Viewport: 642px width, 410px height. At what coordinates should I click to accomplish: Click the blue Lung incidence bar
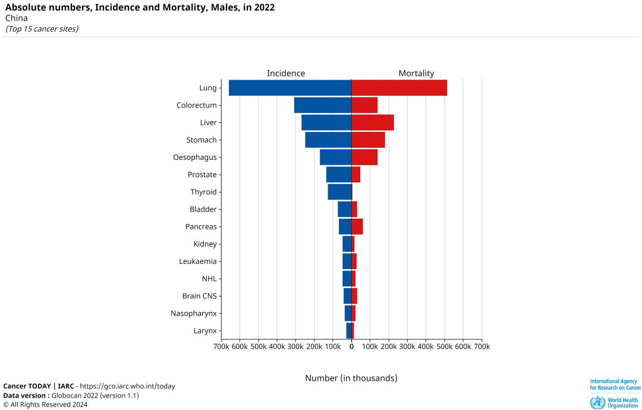point(290,88)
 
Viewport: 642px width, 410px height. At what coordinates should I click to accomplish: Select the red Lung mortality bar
point(399,88)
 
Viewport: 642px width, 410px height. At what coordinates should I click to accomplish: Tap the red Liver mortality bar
point(373,122)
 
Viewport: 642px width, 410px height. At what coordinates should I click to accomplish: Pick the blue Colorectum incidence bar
point(323,105)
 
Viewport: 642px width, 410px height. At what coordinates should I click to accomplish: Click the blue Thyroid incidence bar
point(339,192)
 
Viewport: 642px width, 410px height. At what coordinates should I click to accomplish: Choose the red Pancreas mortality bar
point(357,226)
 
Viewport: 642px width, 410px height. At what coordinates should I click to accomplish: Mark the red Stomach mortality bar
point(368,140)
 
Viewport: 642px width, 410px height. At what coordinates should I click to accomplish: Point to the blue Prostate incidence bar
point(339,175)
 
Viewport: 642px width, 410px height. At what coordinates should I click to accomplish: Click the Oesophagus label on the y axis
point(195,157)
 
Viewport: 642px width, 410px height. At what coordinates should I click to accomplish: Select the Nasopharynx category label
point(194,313)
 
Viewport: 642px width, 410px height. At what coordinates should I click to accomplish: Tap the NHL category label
point(209,279)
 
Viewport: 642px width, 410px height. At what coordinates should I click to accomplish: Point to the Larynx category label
point(205,331)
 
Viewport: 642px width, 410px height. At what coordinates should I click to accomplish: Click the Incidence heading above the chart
point(286,73)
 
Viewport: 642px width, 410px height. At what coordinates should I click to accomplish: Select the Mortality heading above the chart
point(416,73)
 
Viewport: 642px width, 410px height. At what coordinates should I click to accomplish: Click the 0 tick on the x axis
point(351,346)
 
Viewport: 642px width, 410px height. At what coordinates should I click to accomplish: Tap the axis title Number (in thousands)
point(351,378)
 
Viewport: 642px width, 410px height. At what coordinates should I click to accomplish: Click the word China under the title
point(16,18)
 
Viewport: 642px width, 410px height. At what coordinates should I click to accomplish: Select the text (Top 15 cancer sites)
point(42,29)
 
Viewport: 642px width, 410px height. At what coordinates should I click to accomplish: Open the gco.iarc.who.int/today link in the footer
point(127,386)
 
